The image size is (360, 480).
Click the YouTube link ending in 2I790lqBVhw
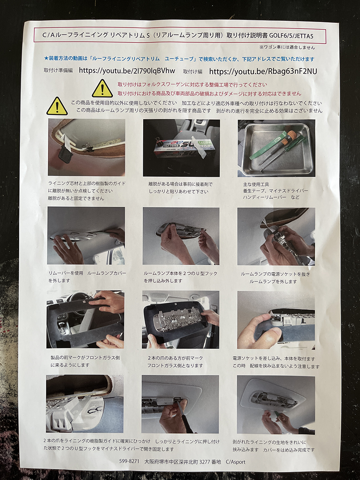pos(127,71)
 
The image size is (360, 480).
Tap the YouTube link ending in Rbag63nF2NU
pos(263,71)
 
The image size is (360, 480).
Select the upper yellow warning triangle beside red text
pos(102,88)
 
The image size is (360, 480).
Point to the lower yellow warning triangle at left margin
pos(57,106)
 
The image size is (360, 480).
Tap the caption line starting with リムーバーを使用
pos(87,273)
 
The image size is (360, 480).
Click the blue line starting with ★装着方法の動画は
pos(179,59)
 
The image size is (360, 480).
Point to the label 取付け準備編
pos(58,70)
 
